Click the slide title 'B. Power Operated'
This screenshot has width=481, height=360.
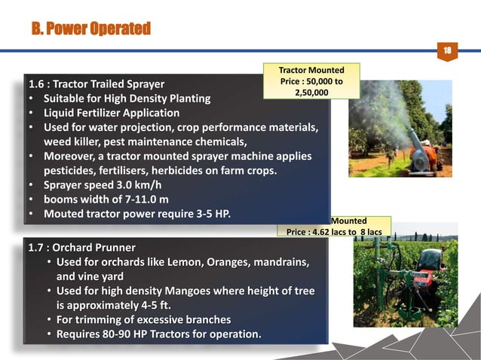click(91, 29)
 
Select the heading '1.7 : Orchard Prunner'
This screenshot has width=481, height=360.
click(81, 247)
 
